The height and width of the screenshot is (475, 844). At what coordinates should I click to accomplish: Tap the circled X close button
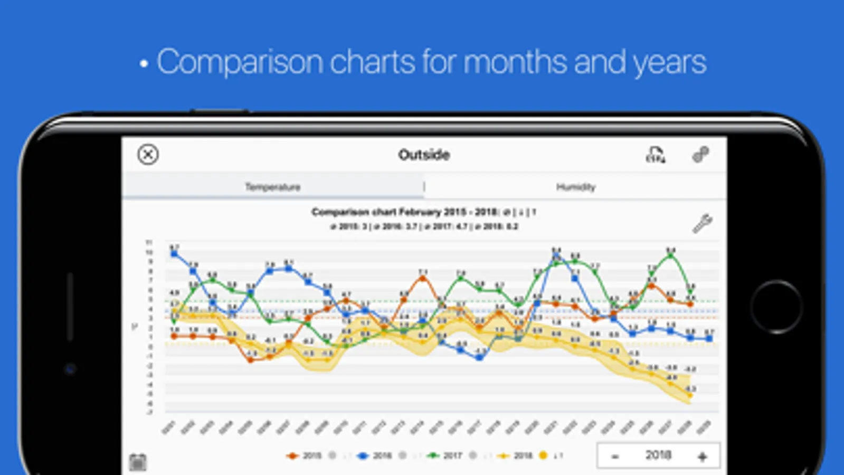[x=148, y=155]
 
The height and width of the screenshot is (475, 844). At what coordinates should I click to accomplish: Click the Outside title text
[x=424, y=155]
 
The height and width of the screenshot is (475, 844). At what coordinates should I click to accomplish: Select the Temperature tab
[x=272, y=187]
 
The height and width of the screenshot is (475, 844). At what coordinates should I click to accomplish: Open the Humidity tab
[x=575, y=187]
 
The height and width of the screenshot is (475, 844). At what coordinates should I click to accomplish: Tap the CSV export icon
[x=656, y=155]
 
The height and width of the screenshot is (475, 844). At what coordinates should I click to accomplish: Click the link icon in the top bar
[x=700, y=155]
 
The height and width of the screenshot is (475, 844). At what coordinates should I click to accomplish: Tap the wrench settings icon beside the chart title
[x=702, y=223]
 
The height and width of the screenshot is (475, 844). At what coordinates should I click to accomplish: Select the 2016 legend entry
[x=375, y=455]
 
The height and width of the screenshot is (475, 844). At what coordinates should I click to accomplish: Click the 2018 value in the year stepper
[x=658, y=455]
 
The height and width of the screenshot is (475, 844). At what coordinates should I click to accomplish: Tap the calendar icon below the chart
[x=138, y=462]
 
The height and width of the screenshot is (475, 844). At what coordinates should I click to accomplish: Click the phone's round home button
[x=776, y=307]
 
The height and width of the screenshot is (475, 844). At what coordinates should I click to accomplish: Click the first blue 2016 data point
[x=174, y=254]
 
